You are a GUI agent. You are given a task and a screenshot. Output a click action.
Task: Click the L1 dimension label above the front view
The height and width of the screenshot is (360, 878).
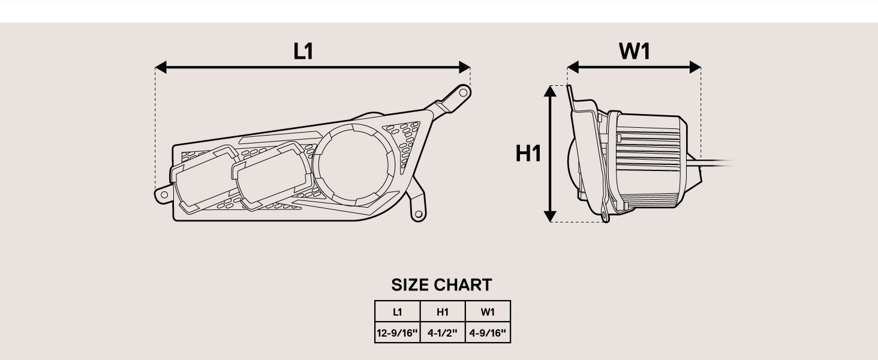click(303, 52)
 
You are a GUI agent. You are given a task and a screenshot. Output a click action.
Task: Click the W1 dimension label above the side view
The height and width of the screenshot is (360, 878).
click(635, 52)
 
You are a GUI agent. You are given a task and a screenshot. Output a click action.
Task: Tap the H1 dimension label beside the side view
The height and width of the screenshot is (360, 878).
click(528, 154)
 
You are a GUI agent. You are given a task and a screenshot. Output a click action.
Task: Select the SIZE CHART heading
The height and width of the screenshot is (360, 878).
click(441, 285)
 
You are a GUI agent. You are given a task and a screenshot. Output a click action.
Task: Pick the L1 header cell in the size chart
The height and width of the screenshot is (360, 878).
click(397, 312)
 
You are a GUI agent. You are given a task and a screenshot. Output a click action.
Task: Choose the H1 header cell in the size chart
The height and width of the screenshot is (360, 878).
click(443, 312)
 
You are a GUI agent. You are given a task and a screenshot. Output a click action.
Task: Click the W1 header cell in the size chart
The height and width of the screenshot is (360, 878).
click(488, 312)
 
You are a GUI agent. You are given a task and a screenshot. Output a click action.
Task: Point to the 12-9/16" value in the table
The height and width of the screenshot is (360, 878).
click(397, 332)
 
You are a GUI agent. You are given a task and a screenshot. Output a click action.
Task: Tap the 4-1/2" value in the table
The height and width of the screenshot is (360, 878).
click(443, 332)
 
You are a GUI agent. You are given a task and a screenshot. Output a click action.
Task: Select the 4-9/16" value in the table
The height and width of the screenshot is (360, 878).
click(488, 332)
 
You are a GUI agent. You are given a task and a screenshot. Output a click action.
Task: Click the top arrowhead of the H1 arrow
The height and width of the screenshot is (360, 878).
click(551, 91)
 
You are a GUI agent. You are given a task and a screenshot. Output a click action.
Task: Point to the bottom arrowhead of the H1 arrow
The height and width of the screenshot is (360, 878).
click(551, 216)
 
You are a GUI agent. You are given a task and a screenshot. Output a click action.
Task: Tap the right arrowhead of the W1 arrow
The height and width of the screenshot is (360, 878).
click(696, 67)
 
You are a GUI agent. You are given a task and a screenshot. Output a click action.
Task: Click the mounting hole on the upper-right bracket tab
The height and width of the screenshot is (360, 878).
click(462, 92)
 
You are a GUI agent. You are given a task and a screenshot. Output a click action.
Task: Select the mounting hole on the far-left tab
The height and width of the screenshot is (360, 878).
click(163, 195)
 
